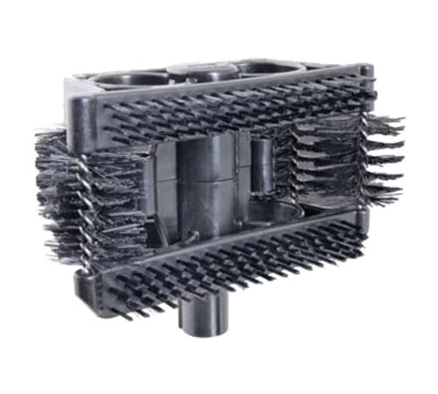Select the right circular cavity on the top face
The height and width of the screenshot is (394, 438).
click(267, 70)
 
